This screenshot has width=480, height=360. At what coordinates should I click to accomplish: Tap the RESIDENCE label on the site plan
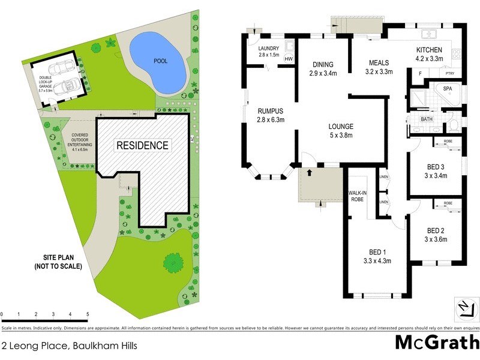(142, 145)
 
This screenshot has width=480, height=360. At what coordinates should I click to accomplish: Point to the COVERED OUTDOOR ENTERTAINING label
(79, 144)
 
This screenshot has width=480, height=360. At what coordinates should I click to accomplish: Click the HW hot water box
(289, 59)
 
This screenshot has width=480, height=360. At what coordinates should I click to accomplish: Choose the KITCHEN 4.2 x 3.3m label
(429, 54)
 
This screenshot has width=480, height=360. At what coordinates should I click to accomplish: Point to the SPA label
(447, 89)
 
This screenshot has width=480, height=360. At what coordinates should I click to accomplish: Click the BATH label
(427, 119)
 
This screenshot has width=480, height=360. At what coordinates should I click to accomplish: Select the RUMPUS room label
(271, 115)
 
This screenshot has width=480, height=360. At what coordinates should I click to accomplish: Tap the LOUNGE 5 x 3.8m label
(340, 130)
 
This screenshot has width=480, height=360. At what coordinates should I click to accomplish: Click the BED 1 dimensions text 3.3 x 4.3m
(377, 260)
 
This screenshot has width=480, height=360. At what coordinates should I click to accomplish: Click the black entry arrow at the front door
(310, 172)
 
